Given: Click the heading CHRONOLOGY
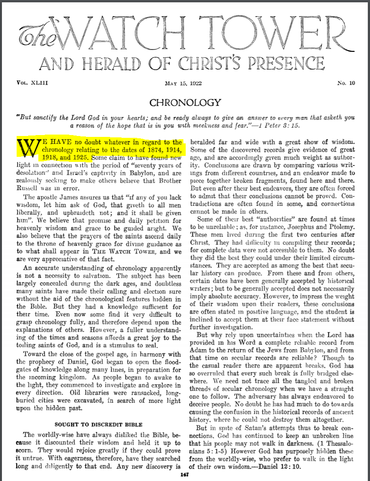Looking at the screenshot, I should point(185,102).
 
